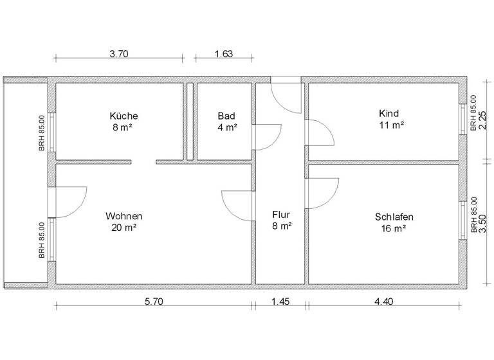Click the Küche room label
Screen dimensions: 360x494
pos(124,116)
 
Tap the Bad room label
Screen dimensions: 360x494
pos(226,116)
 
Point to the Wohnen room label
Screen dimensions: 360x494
pos(124,216)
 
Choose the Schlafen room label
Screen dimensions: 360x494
pos(394,217)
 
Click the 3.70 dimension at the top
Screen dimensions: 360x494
pos(120,54)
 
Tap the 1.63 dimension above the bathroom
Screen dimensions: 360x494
pos(223,54)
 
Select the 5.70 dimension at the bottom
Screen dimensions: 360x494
pos(154,301)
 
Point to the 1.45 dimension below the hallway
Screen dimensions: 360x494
pos(280,301)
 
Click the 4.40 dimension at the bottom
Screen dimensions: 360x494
pos(384,301)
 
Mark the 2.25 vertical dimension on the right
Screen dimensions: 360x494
pos(482,120)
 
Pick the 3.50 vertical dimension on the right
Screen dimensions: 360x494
pos(482,224)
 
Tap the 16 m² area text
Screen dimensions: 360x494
pos(394,228)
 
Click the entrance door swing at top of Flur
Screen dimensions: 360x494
pos(287,96)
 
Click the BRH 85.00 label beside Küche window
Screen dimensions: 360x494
pos(42,132)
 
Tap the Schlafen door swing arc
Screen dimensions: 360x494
pos(325,193)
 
